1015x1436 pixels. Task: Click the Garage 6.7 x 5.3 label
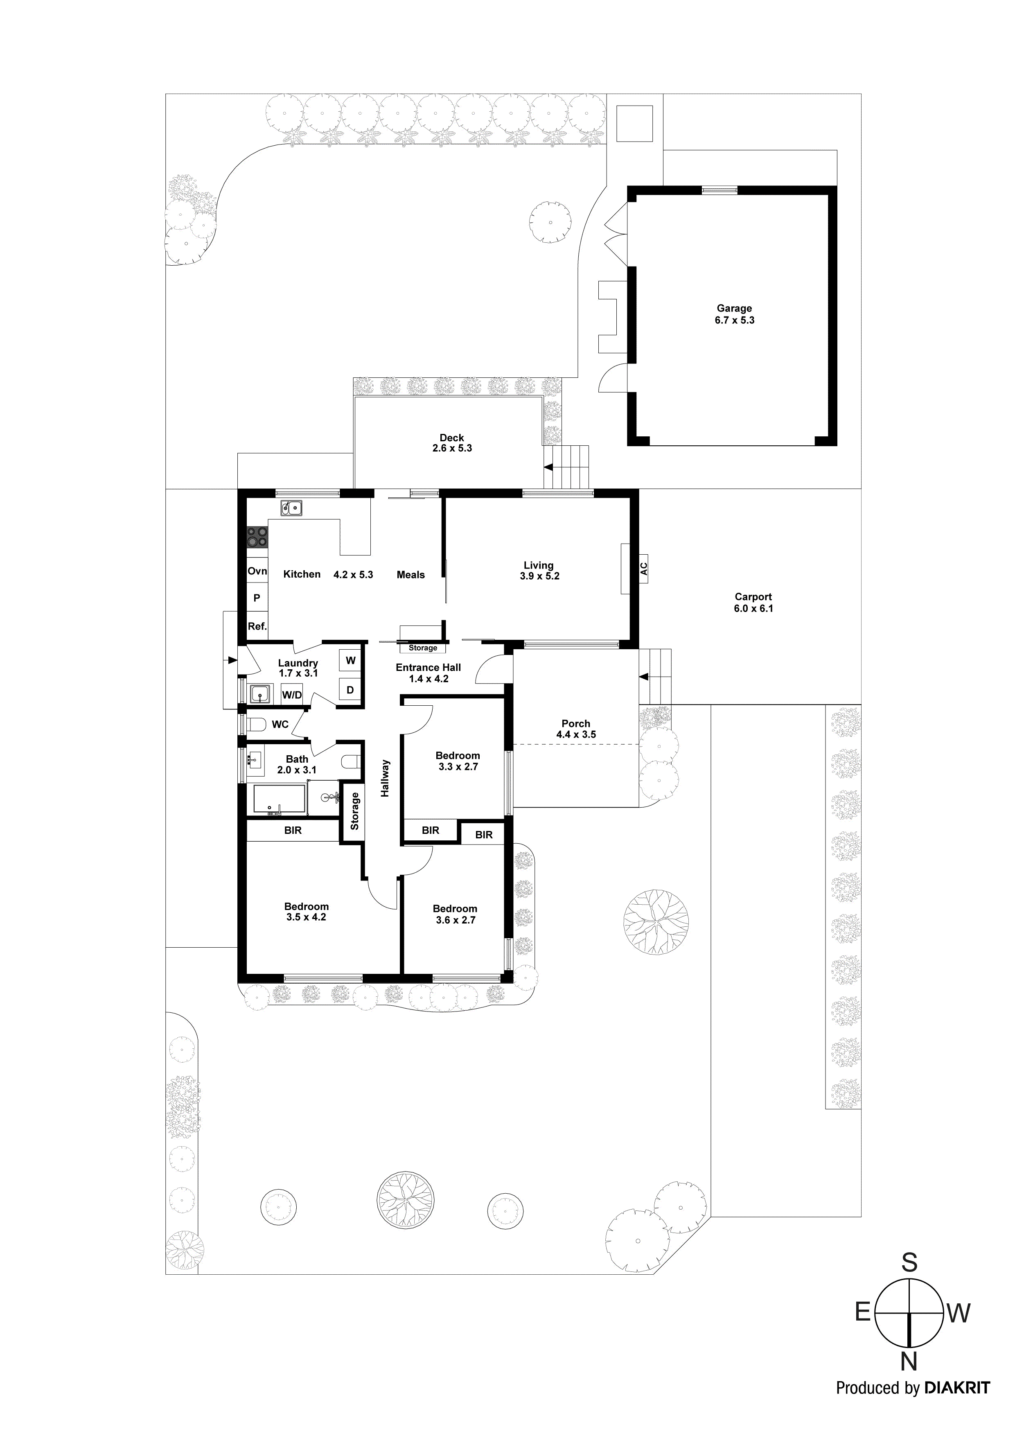pyautogui.click(x=735, y=314)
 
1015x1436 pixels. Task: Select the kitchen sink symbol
pyautogui.click(x=291, y=508)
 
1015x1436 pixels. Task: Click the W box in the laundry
pyautogui.click(x=350, y=660)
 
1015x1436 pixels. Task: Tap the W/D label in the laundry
pyautogui.click(x=291, y=695)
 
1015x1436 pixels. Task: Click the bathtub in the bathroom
pyautogui.click(x=279, y=799)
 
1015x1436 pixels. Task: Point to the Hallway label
pyautogui.click(x=385, y=778)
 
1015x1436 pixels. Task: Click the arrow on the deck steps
pyautogui.click(x=548, y=467)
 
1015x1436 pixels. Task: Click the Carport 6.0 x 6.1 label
pyautogui.click(x=753, y=602)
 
